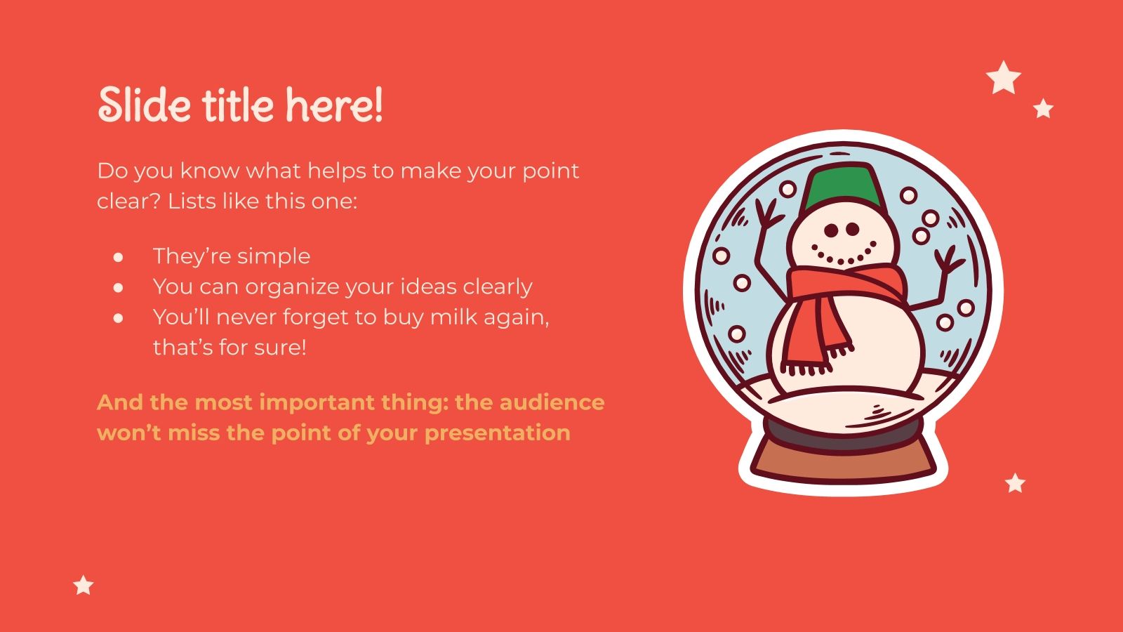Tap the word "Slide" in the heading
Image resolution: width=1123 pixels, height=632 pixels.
(144, 105)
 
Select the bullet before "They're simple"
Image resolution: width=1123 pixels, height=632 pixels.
(118, 257)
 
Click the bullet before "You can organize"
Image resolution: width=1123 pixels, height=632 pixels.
(118, 287)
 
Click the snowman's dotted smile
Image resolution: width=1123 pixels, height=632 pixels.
(843, 254)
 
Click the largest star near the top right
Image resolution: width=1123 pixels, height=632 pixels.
(1004, 77)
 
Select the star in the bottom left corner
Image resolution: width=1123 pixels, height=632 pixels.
(84, 584)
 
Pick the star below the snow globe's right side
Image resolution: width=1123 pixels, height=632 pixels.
(1015, 482)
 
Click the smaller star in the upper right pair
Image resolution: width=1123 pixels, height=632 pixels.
(1044, 109)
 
